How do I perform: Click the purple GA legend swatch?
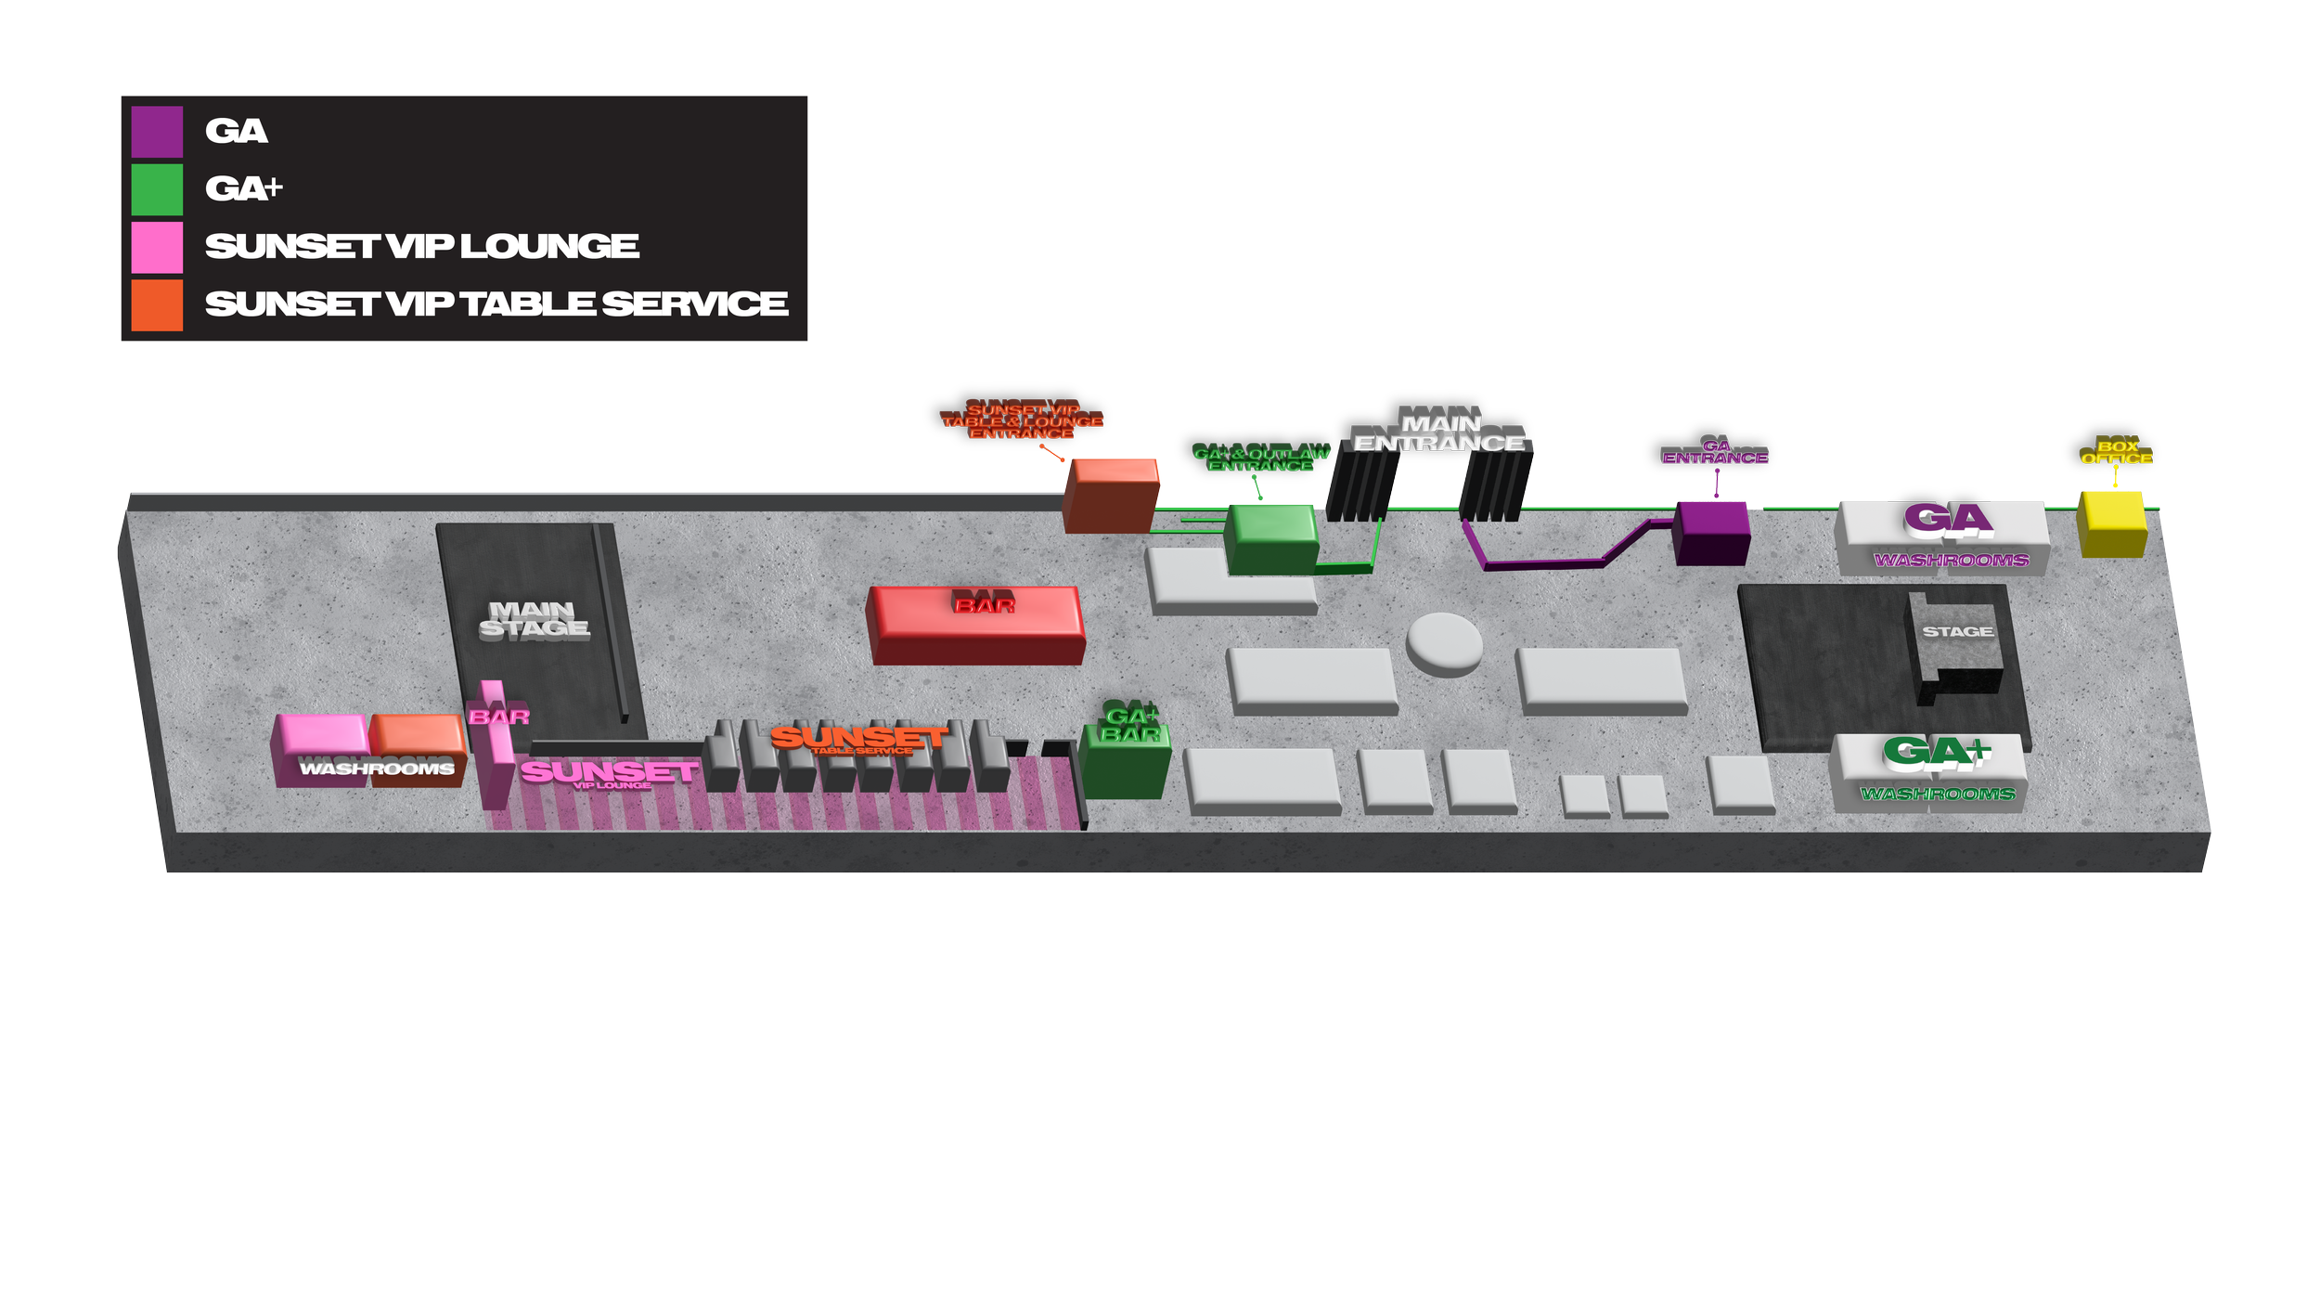(x=157, y=132)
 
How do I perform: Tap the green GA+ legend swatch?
(x=157, y=189)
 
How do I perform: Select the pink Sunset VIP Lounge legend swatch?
(x=157, y=247)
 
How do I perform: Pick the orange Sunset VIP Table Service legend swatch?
(x=157, y=304)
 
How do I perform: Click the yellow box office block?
(x=2112, y=524)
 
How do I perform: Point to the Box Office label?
(x=2117, y=452)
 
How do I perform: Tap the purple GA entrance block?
(x=1712, y=533)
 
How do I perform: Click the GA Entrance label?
(x=1715, y=453)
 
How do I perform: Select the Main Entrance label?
(x=1439, y=433)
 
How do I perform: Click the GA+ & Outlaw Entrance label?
(x=1261, y=459)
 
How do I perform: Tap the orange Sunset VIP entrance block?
(x=1110, y=497)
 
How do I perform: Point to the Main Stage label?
(x=535, y=619)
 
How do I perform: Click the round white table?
(x=1444, y=642)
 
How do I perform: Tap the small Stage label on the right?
(x=1957, y=632)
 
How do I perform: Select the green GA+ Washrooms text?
(x=1938, y=795)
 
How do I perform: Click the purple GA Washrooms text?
(x=1951, y=561)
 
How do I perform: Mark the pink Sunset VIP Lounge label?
(x=609, y=773)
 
